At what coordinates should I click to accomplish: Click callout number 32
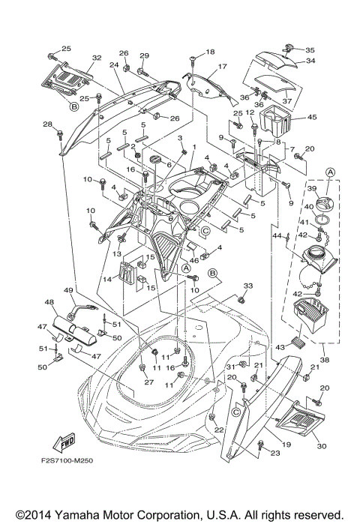pos(96,58)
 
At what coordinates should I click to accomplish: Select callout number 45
pos(312,116)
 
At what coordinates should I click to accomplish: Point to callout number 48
pos(50,303)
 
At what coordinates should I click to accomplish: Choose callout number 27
pos(148,382)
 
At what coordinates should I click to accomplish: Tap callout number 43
pos(281,348)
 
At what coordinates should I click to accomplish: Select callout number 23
pos(275,452)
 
